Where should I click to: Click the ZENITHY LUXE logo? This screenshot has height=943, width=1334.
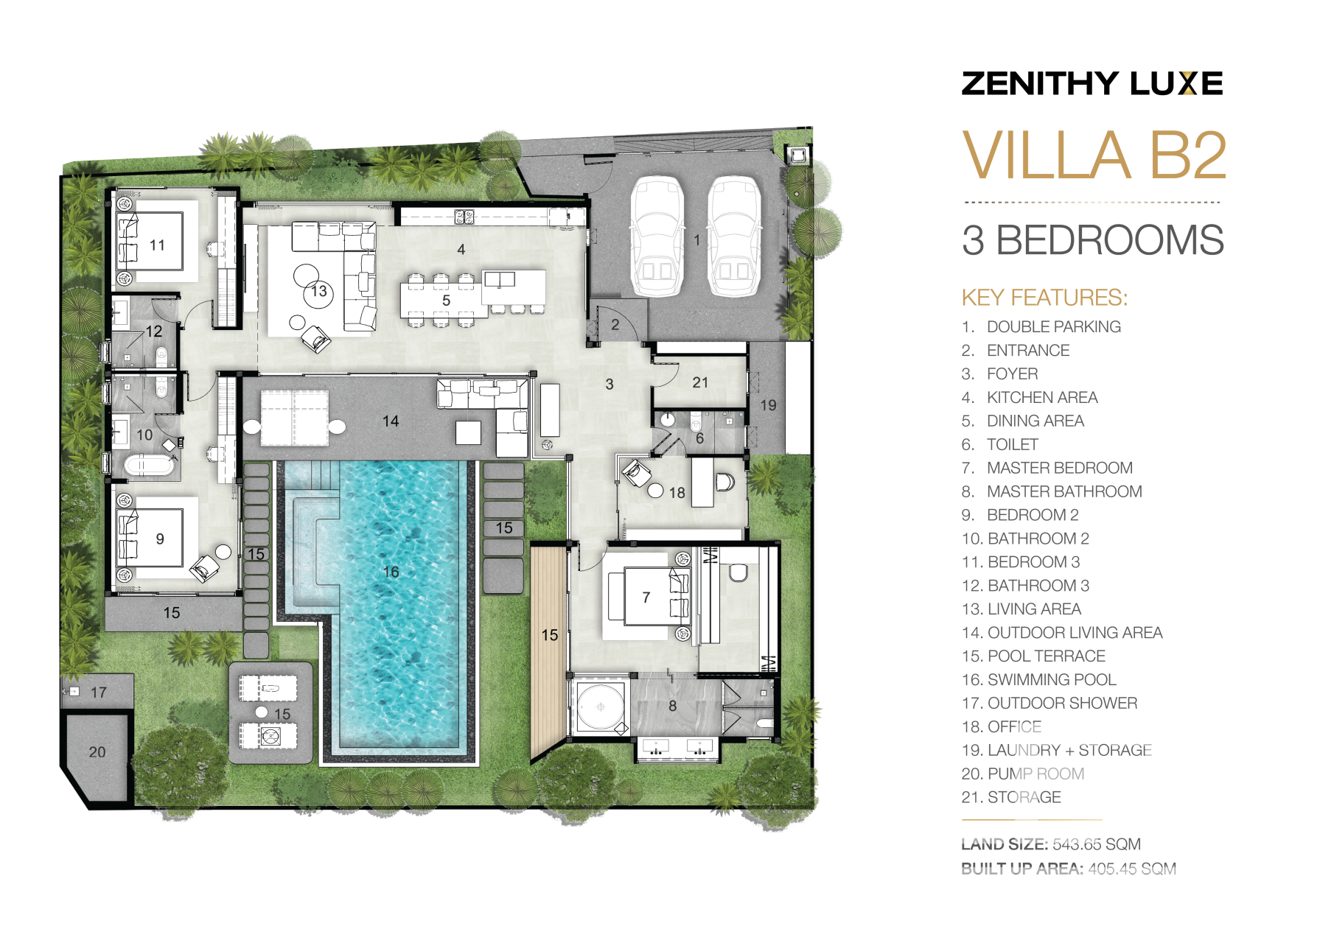tap(1092, 83)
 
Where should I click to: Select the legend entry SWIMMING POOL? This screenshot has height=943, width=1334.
tap(1052, 679)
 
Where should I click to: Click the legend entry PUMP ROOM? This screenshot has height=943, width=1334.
tap(1036, 774)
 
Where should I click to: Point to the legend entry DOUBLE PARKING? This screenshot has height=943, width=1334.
tap(1054, 326)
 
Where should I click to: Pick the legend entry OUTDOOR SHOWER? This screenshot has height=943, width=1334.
tap(1062, 703)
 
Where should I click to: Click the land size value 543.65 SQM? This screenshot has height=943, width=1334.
tap(1097, 844)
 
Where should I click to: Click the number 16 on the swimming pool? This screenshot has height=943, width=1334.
tap(391, 572)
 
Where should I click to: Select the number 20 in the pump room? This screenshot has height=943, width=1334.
tap(97, 752)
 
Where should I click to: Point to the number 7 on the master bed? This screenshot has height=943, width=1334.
tap(646, 597)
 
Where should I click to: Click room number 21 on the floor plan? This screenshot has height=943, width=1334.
tap(700, 382)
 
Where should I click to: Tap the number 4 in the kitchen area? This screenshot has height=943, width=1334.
tap(461, 250)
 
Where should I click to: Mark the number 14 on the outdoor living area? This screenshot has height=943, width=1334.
tap(391, 421)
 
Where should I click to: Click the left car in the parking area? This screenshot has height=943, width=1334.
tap(657, 236)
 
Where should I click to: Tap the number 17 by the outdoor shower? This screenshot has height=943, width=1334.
tap(99, 693)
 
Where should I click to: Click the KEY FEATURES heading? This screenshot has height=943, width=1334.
tap(1044, 298)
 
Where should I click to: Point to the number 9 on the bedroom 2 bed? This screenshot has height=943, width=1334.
tap(160, 539)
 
